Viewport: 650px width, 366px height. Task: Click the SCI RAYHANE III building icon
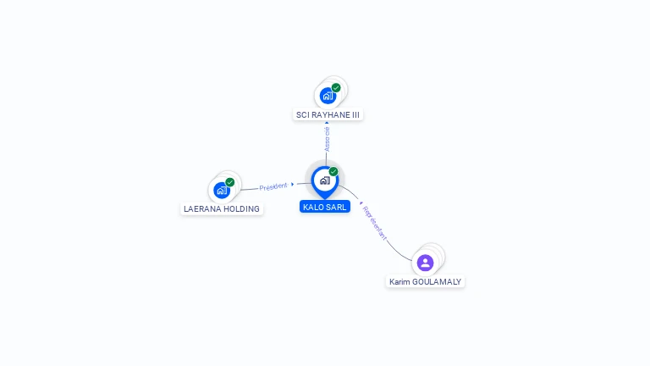click(x=328, y=96)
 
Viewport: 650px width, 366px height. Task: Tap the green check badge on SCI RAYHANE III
click(x=336, y=88)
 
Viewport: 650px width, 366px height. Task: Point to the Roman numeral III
click(x=355, y=114)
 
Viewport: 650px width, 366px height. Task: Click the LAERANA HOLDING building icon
click(x=222, y=190)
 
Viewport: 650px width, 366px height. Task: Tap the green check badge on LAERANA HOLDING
click(x=230, y=182)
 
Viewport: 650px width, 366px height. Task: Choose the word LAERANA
click(x=203, y=208)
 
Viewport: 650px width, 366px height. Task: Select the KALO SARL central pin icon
click(x=324, y=180)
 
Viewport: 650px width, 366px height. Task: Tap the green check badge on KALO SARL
click(x=333, y=172)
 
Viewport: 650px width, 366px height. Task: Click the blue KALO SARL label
click(x=325, y=207)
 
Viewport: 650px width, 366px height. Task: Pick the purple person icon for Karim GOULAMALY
click(x=425, y=263)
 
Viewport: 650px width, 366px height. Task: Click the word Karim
click(x=399, y=281)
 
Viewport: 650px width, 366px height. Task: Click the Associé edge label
click(x=328, y=139)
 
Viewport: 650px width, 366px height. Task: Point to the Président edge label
click(x=273, y=186)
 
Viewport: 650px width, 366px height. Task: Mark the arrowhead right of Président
click(x=292, y=184)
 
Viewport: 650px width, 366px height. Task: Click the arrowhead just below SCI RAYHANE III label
click(x=328, y=123)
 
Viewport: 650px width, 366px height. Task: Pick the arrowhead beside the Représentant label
click(x=361, y=203)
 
